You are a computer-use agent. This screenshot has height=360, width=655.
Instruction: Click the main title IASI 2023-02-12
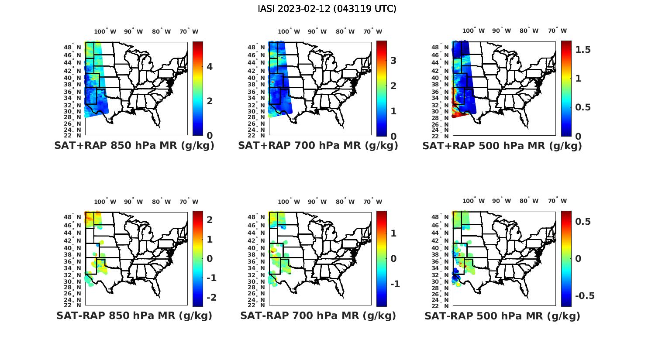[327, 9]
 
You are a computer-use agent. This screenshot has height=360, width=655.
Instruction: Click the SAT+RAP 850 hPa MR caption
[134, 146]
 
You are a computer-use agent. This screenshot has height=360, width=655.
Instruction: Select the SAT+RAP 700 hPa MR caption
[318, 146]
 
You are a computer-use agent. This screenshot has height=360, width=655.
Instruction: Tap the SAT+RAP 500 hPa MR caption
[502, 146]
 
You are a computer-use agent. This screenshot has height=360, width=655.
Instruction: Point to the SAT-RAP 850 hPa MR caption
[134, 315]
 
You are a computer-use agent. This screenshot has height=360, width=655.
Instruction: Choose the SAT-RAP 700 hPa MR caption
[318, 315]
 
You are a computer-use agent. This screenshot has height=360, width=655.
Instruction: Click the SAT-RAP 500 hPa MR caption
[502, 315]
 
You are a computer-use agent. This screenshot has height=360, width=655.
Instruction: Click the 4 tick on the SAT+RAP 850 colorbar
[210, 67]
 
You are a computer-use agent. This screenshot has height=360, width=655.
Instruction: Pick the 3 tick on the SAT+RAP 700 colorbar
[393, 61]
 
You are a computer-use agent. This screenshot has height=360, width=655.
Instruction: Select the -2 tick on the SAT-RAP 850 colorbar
[210, 297]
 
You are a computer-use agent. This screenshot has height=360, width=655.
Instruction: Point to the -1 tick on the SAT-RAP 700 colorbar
[395, 284]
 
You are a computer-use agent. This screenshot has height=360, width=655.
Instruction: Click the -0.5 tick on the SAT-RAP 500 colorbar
[585, 296]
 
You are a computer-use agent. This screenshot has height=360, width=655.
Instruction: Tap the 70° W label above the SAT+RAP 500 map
[557, 31]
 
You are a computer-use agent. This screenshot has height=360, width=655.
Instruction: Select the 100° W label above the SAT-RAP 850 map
[105, 202]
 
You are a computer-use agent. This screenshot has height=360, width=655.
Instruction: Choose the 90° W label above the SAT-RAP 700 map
[317, 202]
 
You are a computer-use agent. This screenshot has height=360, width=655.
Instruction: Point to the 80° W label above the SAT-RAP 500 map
[529, 201]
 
